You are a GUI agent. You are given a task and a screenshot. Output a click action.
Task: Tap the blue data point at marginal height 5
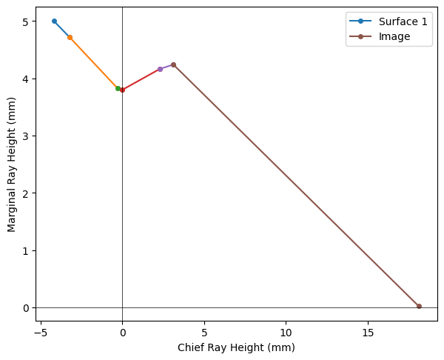coord(54,21)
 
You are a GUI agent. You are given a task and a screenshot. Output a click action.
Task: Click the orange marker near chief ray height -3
coord(70,37)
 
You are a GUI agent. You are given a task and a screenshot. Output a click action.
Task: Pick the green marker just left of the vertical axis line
coord(118,88)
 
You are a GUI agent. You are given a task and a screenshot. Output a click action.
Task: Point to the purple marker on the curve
coord(160,69)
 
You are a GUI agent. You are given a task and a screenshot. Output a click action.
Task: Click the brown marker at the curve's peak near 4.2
coord(173,64)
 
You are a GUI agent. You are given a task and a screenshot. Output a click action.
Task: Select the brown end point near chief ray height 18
coord(419,306)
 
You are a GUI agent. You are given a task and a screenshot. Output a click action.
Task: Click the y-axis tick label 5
coord(26,21)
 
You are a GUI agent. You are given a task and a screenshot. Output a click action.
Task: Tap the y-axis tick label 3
coord(26,136)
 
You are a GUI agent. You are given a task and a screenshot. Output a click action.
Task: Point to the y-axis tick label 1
coord(26,250)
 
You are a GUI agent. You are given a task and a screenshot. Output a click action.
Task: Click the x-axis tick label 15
coord(368,333)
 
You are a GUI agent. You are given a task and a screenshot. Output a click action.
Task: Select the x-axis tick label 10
coord(286,333)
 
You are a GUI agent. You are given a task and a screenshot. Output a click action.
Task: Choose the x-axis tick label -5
coord(41,333)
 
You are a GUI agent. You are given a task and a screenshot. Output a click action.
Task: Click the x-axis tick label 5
coord(204,333)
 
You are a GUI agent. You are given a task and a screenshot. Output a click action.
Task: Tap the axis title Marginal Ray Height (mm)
coord(12,164)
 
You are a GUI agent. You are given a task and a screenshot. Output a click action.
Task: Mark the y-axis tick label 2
coord(26,193)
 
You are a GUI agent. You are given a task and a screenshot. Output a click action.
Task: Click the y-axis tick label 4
coord(26,79)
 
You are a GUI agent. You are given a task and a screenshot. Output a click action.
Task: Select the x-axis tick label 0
coord(123,333)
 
